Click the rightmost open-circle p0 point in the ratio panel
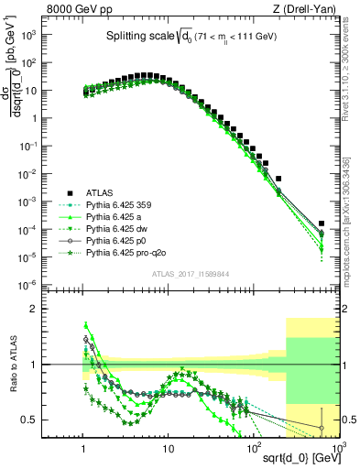[x=322, y=428]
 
